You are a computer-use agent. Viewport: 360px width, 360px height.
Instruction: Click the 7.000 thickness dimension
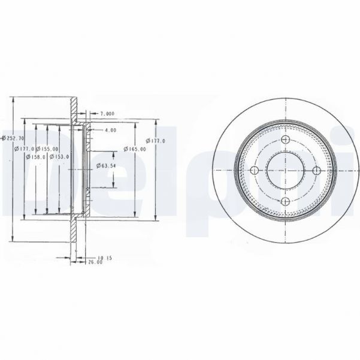[x=107, y=113]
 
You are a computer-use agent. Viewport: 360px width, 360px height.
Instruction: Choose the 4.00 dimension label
[x=110, y=129]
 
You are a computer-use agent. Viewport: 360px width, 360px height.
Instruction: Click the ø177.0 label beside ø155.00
[x=27, y=149]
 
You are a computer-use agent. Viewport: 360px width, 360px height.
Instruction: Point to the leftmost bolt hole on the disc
[x=254, y=171]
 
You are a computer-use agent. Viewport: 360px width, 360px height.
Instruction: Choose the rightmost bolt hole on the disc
[x=314, y=171]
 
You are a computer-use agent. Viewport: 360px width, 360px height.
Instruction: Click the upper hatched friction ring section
[x=74, y=111]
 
